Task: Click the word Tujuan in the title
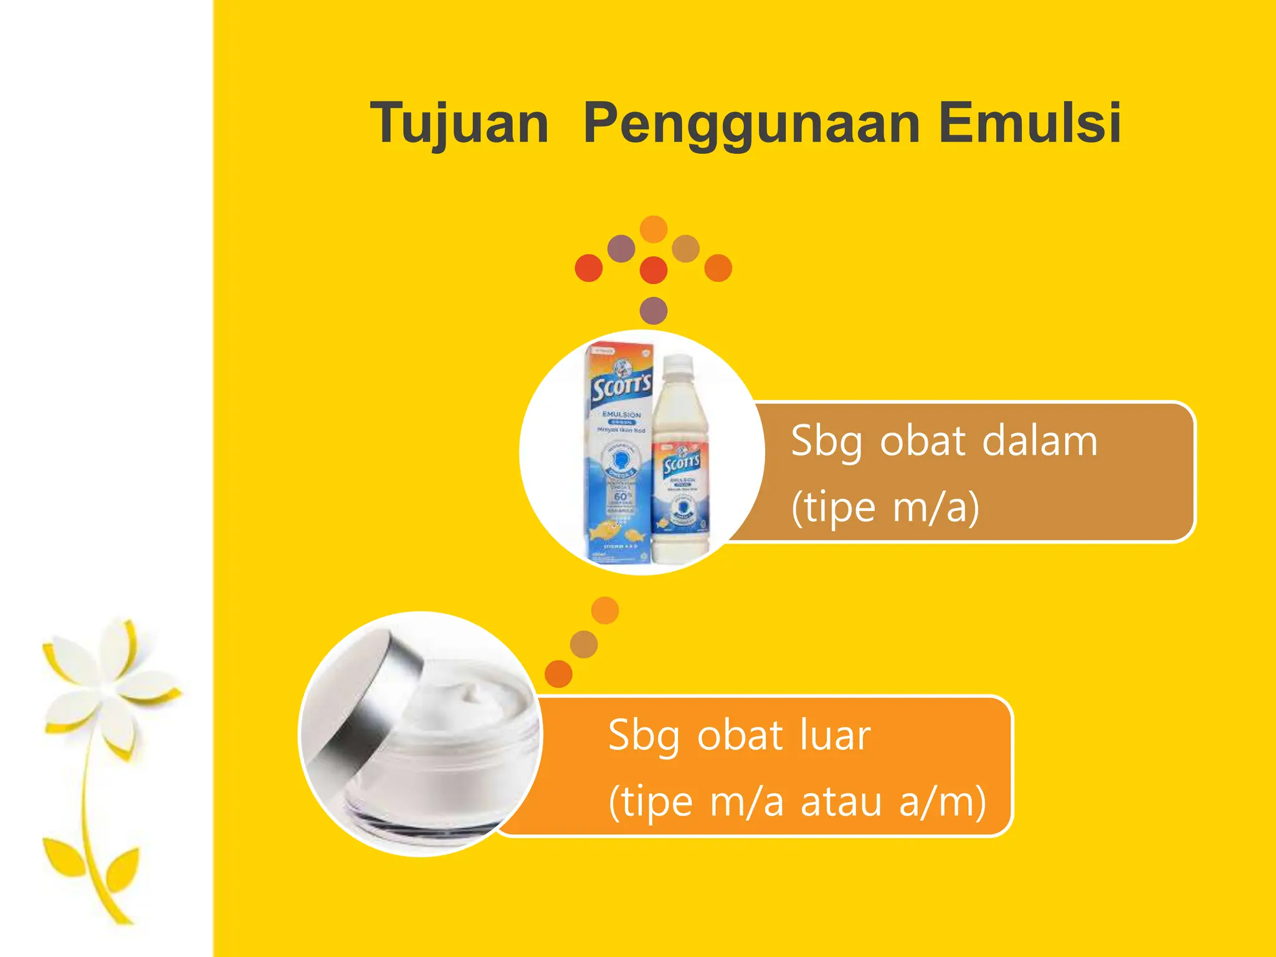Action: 459,123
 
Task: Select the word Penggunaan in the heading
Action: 751,123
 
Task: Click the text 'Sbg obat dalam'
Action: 943,441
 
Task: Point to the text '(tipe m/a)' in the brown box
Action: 885,507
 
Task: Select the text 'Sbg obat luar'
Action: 739,736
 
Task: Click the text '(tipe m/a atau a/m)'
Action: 797,802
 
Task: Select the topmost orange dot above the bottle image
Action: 654,229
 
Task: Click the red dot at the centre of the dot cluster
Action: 654,270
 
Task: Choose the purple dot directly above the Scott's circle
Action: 654,310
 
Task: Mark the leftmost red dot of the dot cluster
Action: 589,268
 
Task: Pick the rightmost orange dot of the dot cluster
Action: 718,268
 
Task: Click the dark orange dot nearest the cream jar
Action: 558,674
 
